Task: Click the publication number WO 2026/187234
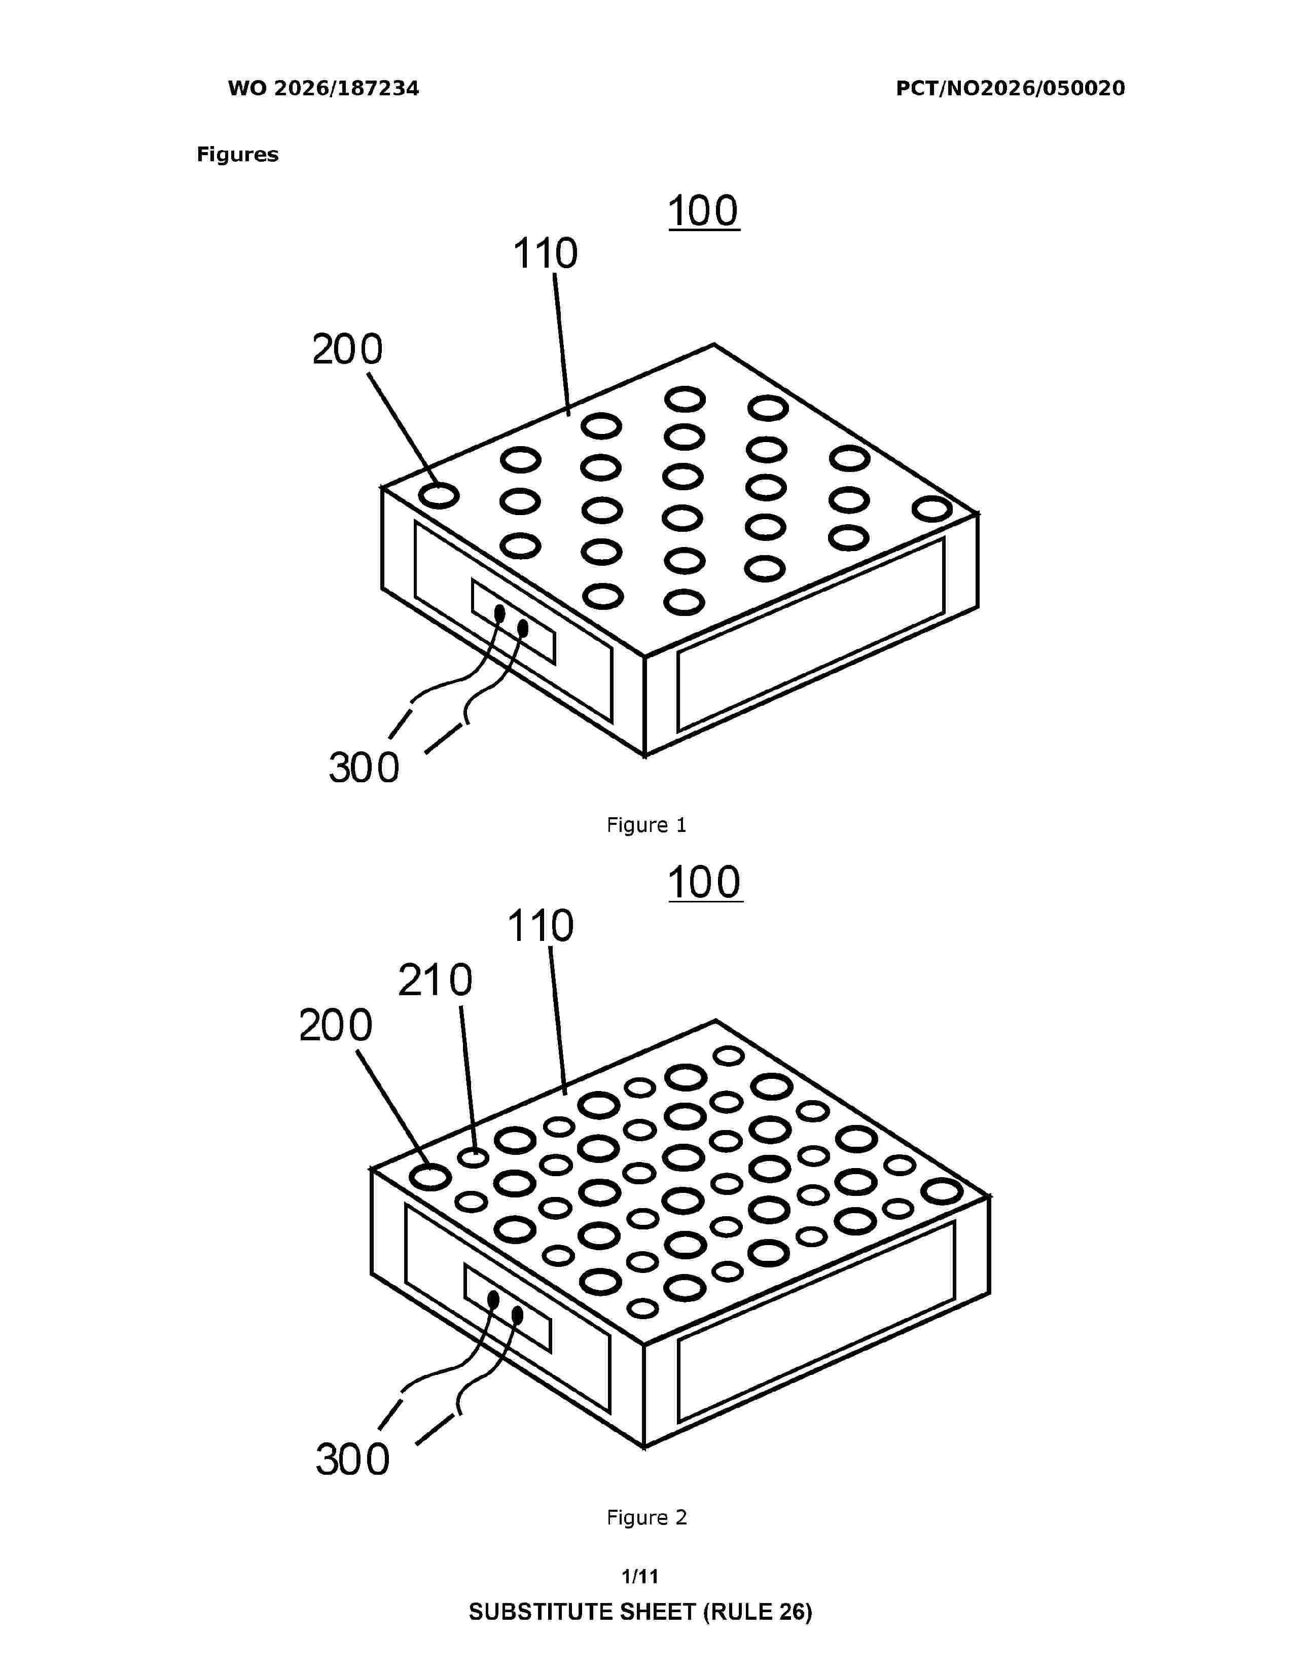(x=324, y=89)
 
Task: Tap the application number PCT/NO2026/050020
(x=1011, y=89)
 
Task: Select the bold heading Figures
(x=237, y=155)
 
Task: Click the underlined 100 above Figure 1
(x=703, y=211)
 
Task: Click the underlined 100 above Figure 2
(x=705, y=883)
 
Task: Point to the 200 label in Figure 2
(x=336, y=1025)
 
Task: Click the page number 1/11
(x=640, y=1577)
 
